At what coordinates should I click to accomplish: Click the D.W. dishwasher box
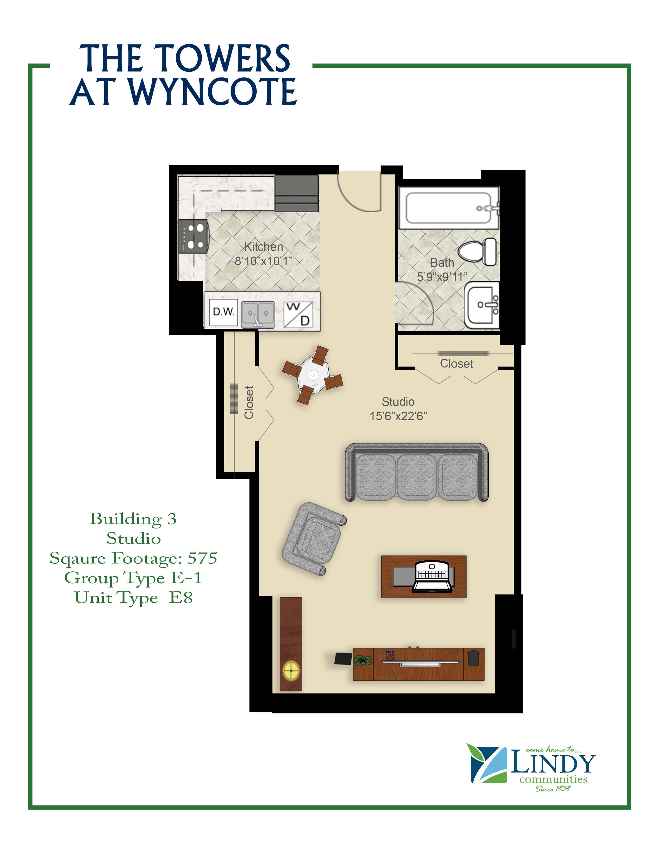click(x=223, y=312)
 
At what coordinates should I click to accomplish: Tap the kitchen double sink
click(x=258, y=314)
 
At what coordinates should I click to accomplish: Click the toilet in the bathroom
click(x=477, y=251)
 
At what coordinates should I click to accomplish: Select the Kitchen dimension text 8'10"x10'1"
click(x=264, y=261)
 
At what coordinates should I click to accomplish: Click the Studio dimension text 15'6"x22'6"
click(x=398, y=416)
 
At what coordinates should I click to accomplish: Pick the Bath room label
click(x=442, y=262)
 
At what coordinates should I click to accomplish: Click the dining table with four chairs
click(x=313, y=375)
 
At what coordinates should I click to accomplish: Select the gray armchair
click(x=314, y=539)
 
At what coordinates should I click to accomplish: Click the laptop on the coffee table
click(x=432, y=576)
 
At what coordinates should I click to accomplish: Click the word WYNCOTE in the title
click(x=213, y=92)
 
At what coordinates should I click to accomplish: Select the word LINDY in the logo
click(x=552, y=764)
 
